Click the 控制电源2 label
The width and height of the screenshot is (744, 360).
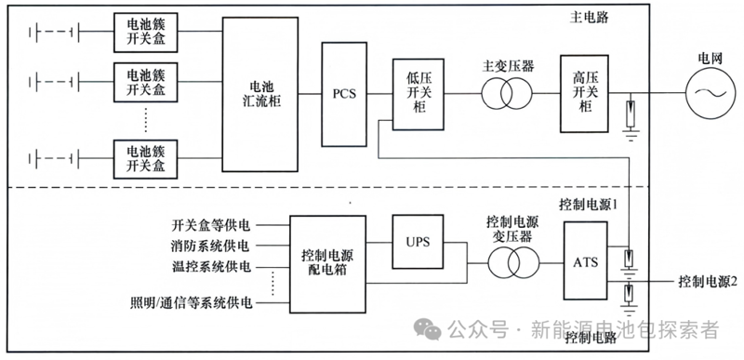(708, 282)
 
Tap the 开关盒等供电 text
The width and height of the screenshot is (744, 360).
(211, 225)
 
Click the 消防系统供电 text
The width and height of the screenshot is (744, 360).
(211, 247)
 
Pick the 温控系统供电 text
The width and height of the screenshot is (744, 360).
(211, 268)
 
